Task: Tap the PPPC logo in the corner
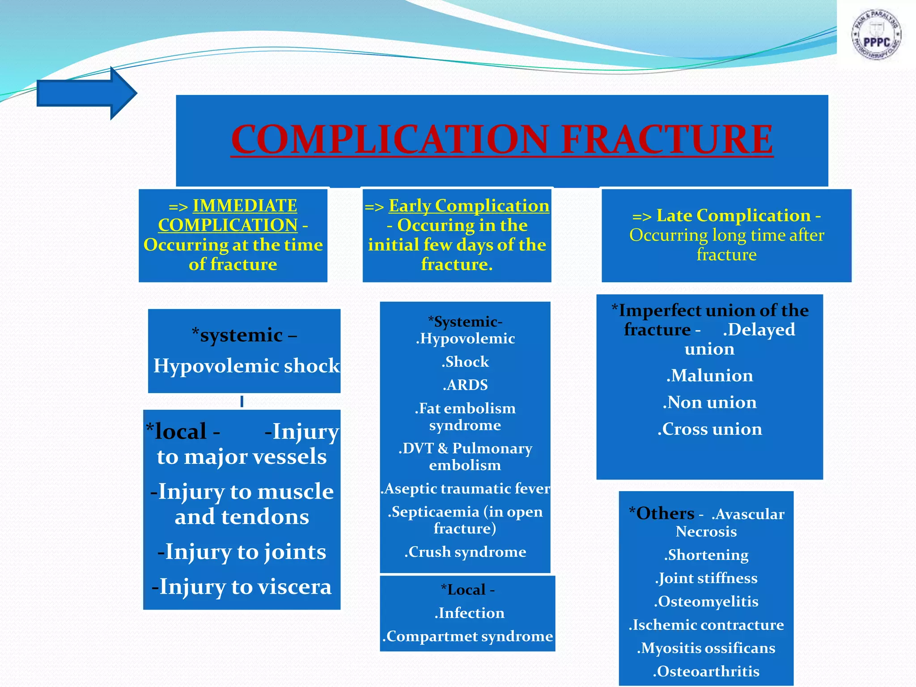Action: (x=876, y=35)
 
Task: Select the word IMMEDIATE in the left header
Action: (x=245, y=206)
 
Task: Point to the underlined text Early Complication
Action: (x=469, y=206)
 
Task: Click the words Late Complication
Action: (x=733, y=216)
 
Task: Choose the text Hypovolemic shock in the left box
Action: (x=246, y=366)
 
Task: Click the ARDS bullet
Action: (x=465, y=385)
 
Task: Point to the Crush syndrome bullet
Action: (x=465, y=551)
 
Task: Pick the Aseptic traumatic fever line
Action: (x=465, y=488)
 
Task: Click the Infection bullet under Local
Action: (x=469, y=613)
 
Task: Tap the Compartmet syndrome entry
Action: (x=467, y=636)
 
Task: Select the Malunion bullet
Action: (x=709, y=375)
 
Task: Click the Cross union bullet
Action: (x=709, y=429)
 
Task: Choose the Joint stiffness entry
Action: (x=706, y=578)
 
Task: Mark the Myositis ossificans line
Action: (x=706, y=648)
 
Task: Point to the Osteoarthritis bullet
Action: (x=706, y=671)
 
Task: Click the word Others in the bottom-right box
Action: (x=665, y=513)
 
